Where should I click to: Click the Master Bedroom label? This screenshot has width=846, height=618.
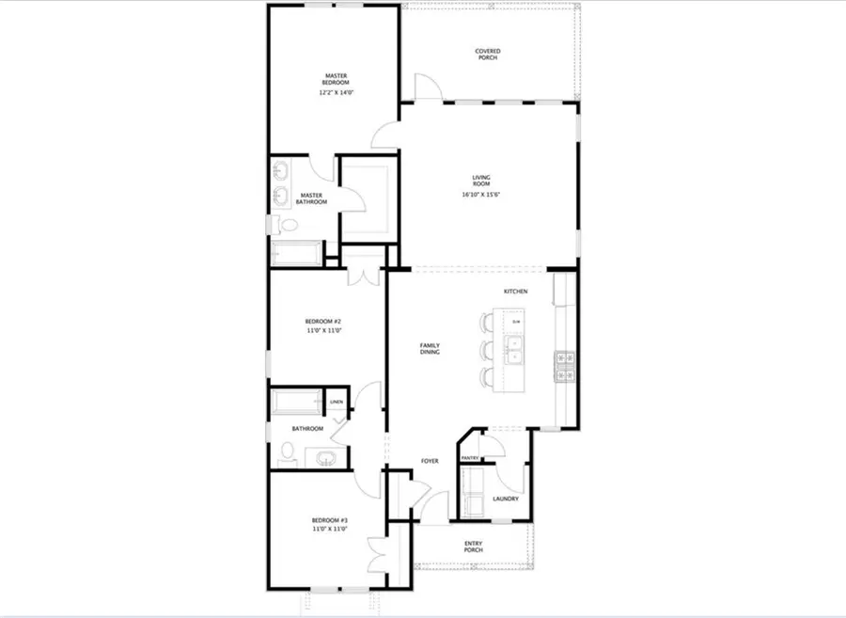coord(337,79)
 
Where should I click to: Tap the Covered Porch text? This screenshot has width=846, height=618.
coord(487,55)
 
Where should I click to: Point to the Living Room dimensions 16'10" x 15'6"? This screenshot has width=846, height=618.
coord(487,195)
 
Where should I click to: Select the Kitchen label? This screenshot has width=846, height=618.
coord(515,292)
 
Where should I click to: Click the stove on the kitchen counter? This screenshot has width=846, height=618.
coord(565,366)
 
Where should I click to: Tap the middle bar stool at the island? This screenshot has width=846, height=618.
coord(486,350)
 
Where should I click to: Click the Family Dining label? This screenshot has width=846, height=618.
coord(430,349)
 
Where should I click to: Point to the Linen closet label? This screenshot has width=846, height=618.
coord(337,403)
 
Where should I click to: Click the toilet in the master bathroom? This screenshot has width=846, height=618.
coord(288,226)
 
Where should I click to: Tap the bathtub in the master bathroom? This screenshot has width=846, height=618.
coord(295,252)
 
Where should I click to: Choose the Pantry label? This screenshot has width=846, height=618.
coord(470,458)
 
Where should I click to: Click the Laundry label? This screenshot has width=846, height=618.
coord(505,499)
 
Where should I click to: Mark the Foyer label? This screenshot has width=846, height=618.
coord(430,461)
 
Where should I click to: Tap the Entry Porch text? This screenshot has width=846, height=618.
coord(473,547)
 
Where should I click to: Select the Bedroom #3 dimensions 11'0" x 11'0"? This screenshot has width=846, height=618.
coord(330,529)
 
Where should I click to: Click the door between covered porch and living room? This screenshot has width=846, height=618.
coord(426,90)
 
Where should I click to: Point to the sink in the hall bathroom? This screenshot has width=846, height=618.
coord(324,459)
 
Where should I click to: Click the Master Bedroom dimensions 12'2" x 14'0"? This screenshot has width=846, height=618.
coord(337,93)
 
